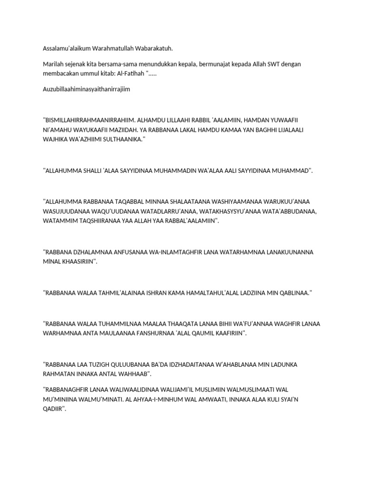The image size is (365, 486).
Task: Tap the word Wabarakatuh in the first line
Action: coord(152,48)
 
